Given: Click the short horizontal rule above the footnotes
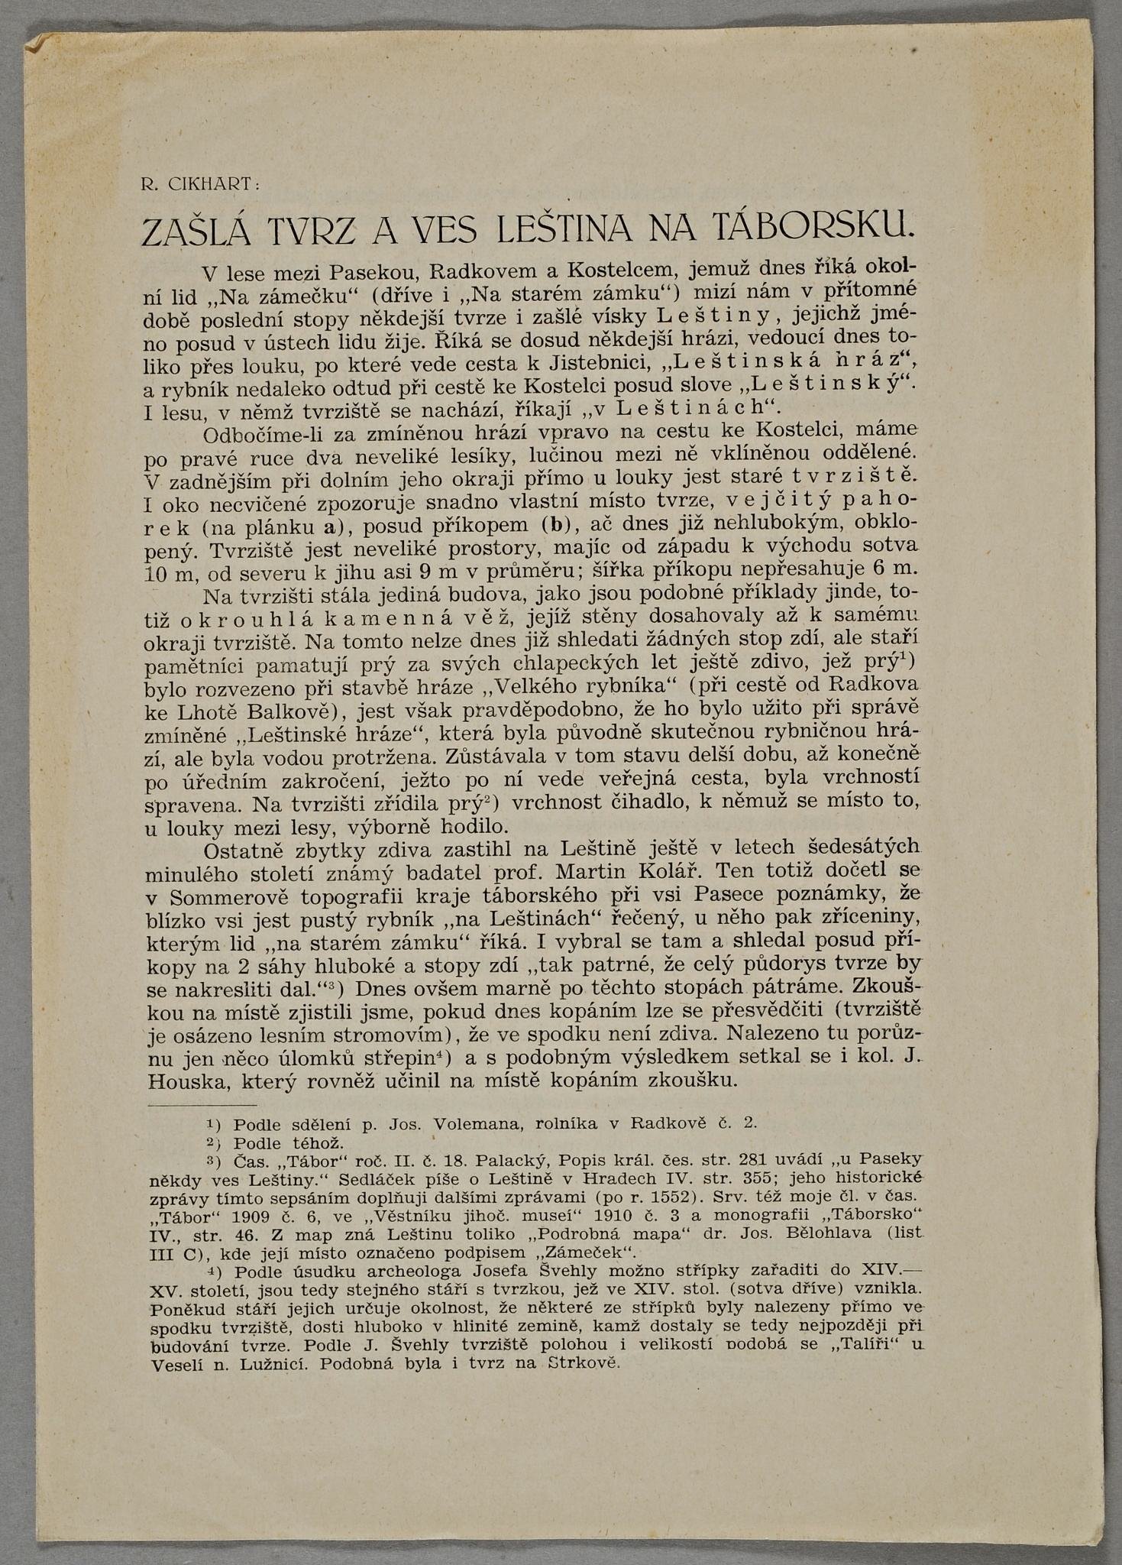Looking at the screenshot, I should pos(202,1105).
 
